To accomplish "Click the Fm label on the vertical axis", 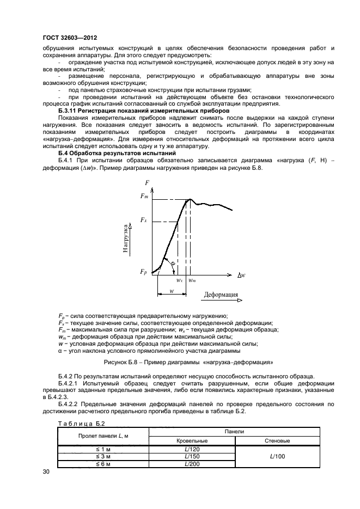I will (x=143, y=196).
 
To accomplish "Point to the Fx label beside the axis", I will (x=143, y=219).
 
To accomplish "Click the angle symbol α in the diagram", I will (x=173, y=263).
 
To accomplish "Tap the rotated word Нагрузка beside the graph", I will (x=125, y=237).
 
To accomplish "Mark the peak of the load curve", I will (x=188, y=199).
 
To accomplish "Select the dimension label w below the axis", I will (x=172, y=290).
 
